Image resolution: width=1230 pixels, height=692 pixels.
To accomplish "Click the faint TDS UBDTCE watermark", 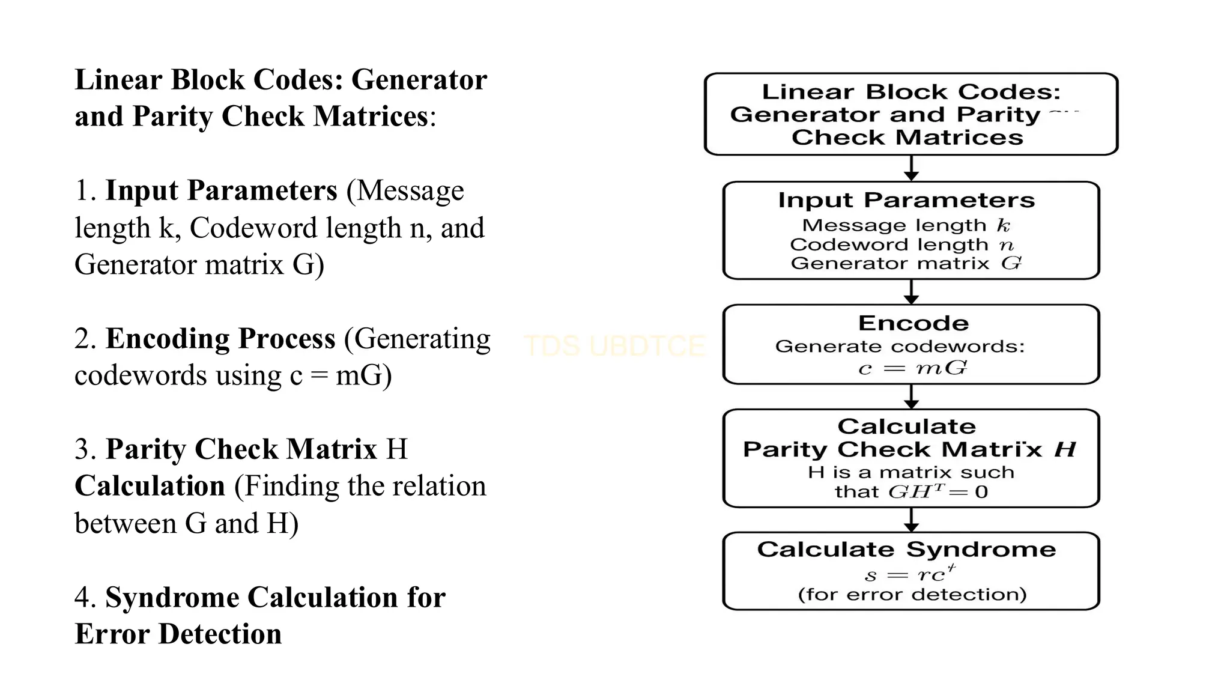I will [614, 346].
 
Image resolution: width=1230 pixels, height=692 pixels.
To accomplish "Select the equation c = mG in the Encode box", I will [912, 368].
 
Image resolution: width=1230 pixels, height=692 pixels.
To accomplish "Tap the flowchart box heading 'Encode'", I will [913, 323].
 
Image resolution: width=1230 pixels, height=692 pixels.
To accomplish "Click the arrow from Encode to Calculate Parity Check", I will [912, 397].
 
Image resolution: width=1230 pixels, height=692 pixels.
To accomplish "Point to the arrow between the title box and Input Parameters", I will [912, 168].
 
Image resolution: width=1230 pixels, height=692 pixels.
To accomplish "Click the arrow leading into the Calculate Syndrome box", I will [912, 520].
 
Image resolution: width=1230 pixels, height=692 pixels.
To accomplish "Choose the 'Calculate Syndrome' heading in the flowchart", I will [906, 550].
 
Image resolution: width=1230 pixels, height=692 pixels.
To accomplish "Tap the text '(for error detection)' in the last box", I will [912, 595].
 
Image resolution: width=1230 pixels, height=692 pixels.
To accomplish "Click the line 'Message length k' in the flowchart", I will [906, 225].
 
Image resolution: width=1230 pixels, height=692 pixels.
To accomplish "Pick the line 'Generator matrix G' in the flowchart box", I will [906, 263].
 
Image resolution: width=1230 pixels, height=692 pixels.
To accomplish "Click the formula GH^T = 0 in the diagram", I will [938, 492].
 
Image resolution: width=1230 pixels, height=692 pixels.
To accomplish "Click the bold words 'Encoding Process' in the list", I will [220, 339].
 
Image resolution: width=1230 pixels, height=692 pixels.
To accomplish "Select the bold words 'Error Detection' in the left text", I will [178, 634].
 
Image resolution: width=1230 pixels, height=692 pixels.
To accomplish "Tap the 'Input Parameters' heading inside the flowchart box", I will [906, 200].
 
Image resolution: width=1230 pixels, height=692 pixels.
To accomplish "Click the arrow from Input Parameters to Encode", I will [912, 292].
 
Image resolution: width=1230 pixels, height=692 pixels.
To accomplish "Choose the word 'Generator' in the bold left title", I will [419, 80].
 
